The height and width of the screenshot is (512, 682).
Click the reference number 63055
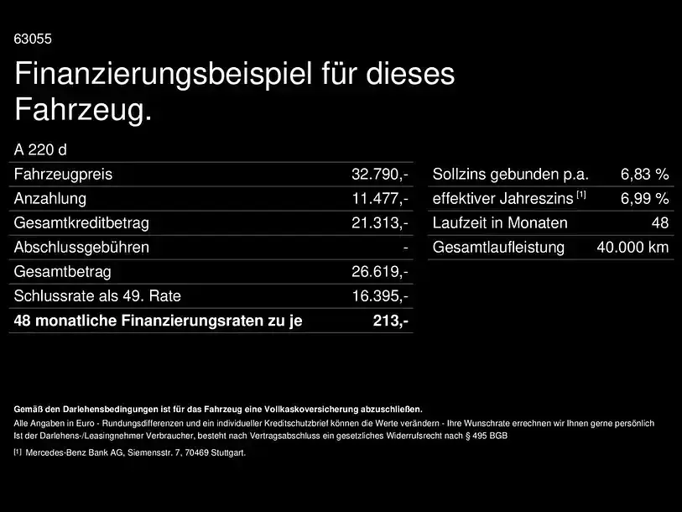pyautogui.click(x=33, y=39)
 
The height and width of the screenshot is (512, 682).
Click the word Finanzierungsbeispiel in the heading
pyautogui.click(x=163, y=74)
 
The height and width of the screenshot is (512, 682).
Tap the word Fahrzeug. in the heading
pyautogui.click(x=83, y=110)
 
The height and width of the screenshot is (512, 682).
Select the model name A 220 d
pyautogui.click(x=40, y=149)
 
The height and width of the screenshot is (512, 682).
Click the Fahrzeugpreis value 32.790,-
pyautogui.click(x=380, y=174)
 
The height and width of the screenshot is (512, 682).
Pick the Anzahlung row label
pyautogui.click(x=50, y=199)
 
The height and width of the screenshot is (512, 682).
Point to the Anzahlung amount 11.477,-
pyautogui.click(x=380, y=199)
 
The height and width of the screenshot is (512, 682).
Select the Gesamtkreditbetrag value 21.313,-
pyautogui.click(x=380, y=223)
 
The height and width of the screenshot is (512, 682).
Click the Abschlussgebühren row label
pyautogui.click(x=81, y=248)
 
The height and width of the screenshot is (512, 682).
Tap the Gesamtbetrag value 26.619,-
pyautogui.click(x=380, y=272)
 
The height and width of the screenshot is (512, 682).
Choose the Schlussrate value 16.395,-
pyautogui.click(x=380, y=296)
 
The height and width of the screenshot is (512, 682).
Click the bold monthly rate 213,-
pyautogui.click(x=391, y=321)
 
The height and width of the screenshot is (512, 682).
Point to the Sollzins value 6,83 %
pyautogui.click(x=644, y=174)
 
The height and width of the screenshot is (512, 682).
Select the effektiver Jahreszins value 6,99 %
pyautogui.click(x=644, y=199)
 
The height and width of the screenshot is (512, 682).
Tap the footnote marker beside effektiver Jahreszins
pyautogui.click(x=581, y=195)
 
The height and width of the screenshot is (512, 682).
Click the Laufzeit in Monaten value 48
pyautogui.click(x=660, y=223)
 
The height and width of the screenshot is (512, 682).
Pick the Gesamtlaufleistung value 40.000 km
pyautogui.click(x=633, y=248)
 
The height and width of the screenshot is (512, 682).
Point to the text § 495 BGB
pyautogui.click(x=487, y=436)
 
